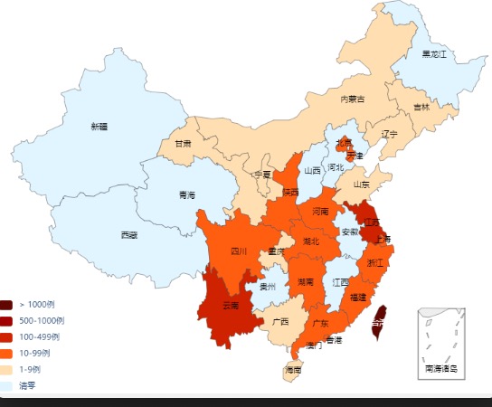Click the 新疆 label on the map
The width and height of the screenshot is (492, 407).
(99, 126)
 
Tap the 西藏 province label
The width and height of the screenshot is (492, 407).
(129, 235)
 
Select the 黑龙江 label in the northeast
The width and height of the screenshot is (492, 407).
(434, 54)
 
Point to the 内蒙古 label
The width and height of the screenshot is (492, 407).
(353, 99)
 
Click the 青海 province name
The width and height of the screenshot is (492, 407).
(187, 194)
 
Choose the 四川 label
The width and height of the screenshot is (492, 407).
(238, 251)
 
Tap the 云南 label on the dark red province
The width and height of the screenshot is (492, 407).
(231, 306)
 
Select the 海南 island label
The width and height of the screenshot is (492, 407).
(293, 370)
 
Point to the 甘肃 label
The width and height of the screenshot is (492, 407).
(183, 143)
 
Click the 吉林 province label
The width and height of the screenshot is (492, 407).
(421, 107)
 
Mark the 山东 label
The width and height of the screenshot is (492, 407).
(361, 184)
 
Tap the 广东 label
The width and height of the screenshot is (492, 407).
(319, 322)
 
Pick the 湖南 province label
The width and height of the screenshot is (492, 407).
(306, 282)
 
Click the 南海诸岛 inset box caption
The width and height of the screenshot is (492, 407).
(440, 368)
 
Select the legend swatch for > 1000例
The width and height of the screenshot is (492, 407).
(6, 305)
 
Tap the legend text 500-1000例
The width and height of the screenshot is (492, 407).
(36, 321)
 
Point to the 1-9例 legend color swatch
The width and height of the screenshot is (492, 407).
(6, 370)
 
